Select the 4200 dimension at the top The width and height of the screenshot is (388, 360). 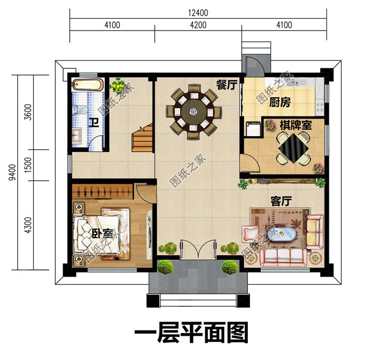click(198, 25)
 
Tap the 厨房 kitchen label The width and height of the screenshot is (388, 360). click(280, 103)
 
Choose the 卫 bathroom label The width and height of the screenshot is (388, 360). click(94, 123)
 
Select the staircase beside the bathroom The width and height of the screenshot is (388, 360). click(142, 137)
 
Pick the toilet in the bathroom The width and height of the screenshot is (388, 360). click(79, 109)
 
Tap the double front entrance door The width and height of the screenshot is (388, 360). click(198, 249)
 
